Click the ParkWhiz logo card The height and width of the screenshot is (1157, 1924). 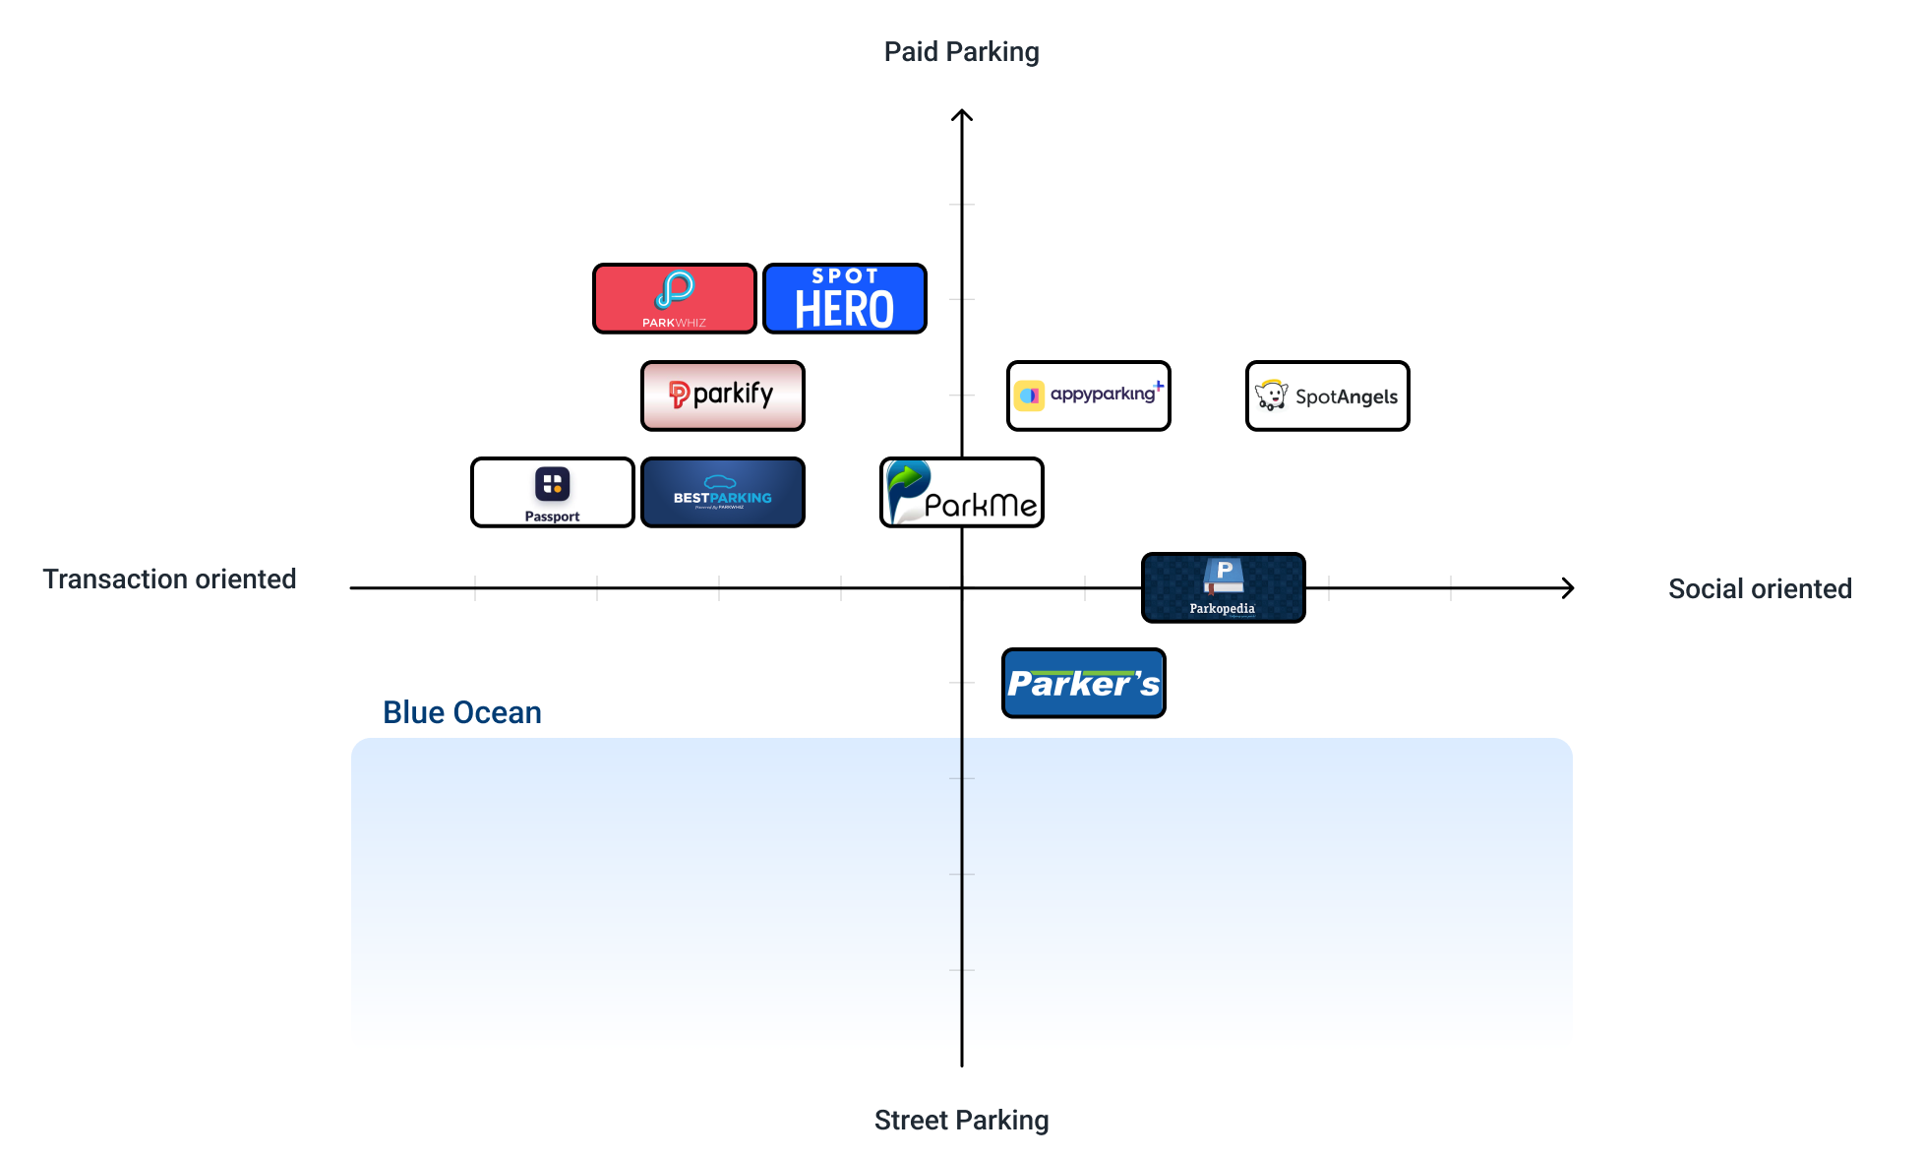pos(674,298)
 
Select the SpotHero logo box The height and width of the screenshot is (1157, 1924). pos(844,298)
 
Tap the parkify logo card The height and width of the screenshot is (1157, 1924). pos(722,396)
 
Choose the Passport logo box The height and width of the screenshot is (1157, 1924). pos(552,492)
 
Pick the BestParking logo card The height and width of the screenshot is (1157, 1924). pos(722,492)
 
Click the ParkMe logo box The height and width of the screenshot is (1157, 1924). pos(961,492)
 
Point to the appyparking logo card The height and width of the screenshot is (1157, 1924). pos(1088,396)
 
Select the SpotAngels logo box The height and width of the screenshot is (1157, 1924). pos(1327,396)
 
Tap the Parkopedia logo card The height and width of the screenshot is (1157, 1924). pos(1223,587)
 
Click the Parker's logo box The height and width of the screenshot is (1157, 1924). pos(1083,683)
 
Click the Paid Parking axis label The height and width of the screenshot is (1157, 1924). pos(961,52)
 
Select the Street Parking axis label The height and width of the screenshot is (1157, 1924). pos(961,1120)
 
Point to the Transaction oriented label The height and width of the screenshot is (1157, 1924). pos(169,578)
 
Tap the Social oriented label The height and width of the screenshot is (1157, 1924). pos(1760,588)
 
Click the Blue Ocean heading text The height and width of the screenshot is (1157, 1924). pos(461,712)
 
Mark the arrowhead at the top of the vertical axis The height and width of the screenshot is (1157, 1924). pos(962,114)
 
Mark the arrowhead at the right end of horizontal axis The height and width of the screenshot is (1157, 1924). pos(1569,588)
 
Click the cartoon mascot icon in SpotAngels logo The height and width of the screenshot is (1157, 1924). pos(1272,396)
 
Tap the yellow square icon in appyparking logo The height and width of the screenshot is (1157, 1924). pos(1029,396)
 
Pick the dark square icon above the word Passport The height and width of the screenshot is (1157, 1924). pos(552,484)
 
